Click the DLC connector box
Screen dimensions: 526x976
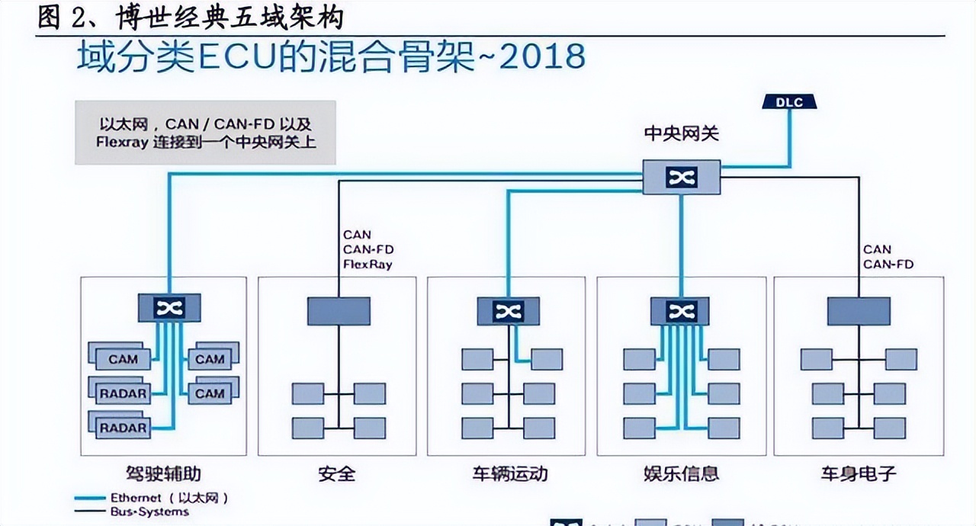(x=789, y=102)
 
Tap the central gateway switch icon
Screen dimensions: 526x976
(x=680, y=177)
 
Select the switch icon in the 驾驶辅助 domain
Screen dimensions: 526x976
(x=169, y=307)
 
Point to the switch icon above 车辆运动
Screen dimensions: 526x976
(x=507, y=310)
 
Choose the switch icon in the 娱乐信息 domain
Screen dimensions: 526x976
(x=680, y=310)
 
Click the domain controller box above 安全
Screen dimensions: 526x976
(x=339, y=310)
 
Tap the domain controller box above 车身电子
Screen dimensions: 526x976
(x=859, y=310)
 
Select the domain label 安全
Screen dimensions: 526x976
(x=337, y=473)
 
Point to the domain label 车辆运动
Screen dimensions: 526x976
(x=509, y=473)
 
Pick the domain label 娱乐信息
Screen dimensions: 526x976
(x=681, y=473)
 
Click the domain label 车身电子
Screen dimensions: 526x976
(x=859, y=473)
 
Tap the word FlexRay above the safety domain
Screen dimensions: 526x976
(x=368, y=265)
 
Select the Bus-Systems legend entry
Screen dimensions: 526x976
(x=149, y=512)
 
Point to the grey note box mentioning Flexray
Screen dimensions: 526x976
(x=205, y=132)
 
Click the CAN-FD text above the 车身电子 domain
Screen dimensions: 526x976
(x=888, y=265)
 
